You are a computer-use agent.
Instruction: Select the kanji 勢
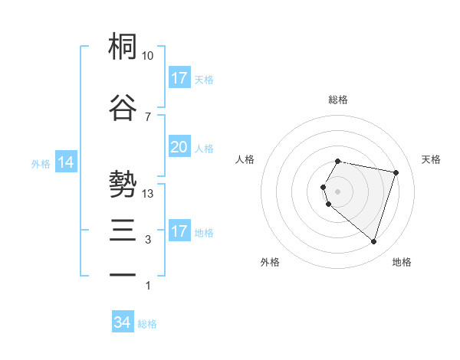[x=123, y=185]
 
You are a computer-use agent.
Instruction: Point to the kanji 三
[x=123, y=230]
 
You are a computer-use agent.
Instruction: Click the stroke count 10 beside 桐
[x=148, y=56]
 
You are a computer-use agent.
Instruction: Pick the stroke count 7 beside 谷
[x=148, y=116]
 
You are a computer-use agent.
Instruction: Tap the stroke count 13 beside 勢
[x=148, y=194]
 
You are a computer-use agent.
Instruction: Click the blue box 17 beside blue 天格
[x=179, y=78]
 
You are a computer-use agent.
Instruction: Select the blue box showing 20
[x=179, y=147]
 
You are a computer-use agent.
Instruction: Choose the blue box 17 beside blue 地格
[x=179, y=231]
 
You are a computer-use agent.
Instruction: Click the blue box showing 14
[x=66, y=162]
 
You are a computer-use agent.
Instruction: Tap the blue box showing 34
[x=122, y=323]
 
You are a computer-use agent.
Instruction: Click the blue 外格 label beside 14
[x=41, y=163]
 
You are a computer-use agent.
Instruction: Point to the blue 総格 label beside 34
[x=147, y=324]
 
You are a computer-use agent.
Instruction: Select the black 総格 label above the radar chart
[x=337, y=100]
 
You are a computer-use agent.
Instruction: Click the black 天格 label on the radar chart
[x=432, y=159]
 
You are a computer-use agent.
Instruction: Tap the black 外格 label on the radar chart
[x=270, y=262]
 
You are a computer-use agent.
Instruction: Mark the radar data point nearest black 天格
[x=396, y=172]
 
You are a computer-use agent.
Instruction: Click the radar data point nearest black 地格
[x=373, y=242]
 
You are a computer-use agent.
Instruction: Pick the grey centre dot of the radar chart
[x=337, y=191]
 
